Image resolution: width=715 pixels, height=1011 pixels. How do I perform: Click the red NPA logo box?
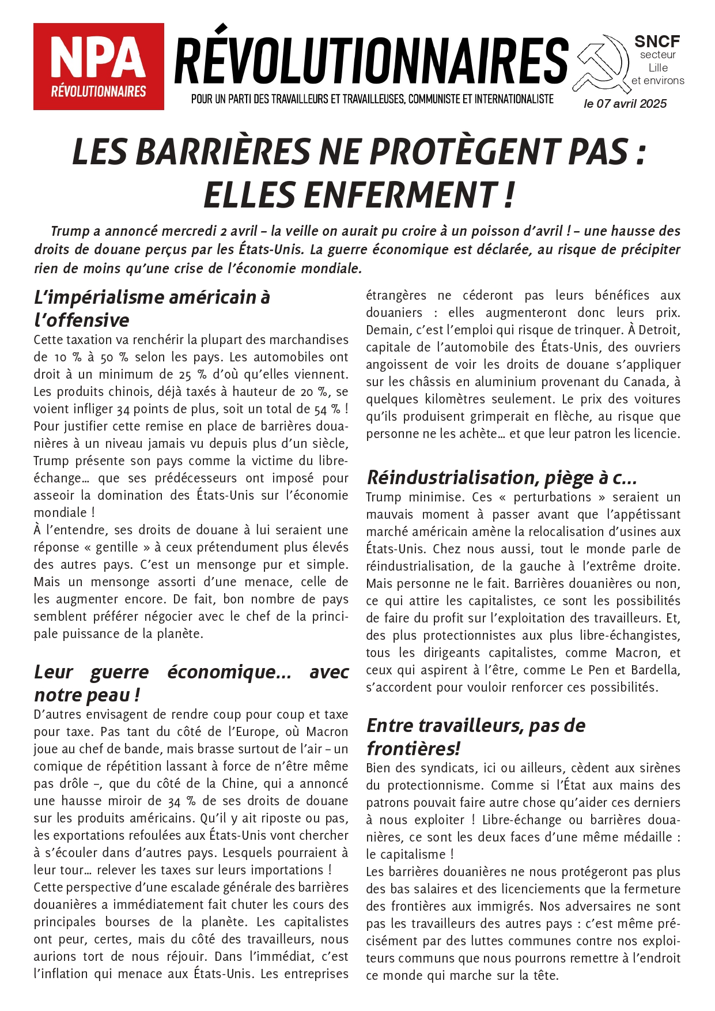pos(99,66)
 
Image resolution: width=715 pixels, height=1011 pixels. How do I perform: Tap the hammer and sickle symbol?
pos(601,63)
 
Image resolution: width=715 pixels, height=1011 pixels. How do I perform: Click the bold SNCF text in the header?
pos(657,42)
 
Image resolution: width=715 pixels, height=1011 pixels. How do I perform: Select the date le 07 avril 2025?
pos(625,104)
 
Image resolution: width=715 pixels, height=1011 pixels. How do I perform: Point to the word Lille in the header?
pos(658,67)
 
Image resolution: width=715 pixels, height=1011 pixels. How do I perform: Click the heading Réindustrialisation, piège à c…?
pos(501,477)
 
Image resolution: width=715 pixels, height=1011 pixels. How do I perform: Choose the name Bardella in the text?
pos(656,670)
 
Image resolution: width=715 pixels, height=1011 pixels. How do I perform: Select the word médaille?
pos(643,838)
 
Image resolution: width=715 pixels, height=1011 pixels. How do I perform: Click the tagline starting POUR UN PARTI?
pos(372,99)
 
